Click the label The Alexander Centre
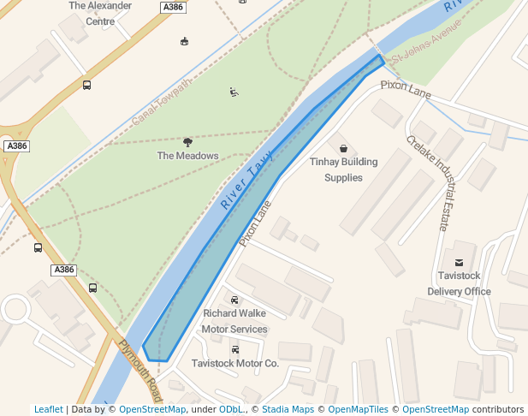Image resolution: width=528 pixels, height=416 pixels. point(100,13)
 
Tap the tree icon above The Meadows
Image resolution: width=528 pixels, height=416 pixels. point(187,141)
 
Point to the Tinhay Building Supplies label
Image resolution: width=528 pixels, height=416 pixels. point(342,169)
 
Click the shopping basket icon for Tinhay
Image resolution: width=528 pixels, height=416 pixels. point(343,148)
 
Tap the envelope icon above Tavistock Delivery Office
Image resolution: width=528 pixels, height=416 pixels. point(459,262)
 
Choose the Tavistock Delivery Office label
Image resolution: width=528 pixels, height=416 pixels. point(459,283)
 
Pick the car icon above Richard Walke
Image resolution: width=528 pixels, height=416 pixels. point(234,300)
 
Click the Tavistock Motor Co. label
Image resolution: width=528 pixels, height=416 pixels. point(235,363)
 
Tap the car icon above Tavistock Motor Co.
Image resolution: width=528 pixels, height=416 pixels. point(235,349)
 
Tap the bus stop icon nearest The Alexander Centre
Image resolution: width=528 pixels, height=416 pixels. point(87,85)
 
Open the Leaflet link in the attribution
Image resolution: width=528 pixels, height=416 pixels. point(49,409)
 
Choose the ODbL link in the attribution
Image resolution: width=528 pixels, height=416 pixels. point(231,409)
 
